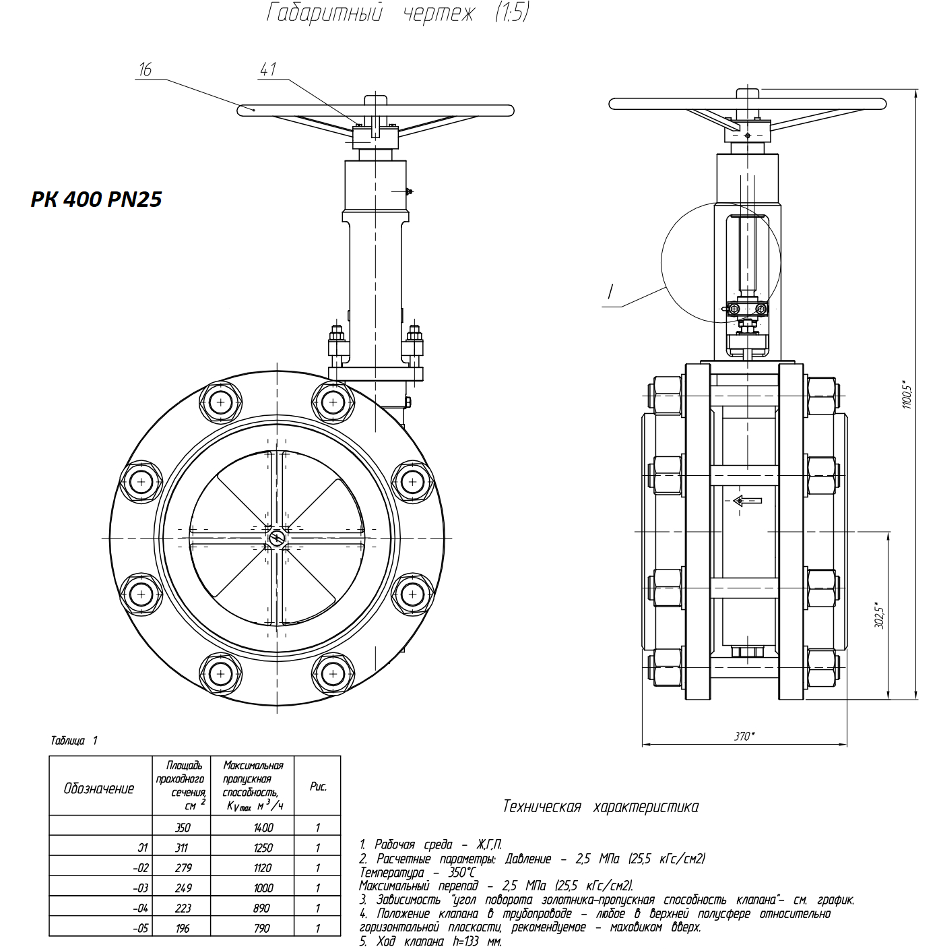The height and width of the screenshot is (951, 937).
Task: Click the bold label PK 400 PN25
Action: [x=96, y=199]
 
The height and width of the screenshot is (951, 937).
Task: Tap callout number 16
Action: [x=145, y=69]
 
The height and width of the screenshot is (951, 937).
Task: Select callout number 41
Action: [x=268, y=69]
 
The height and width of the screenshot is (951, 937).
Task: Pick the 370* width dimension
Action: [x=744, y=736]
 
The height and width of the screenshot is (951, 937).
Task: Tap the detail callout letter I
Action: [x=610, y=292]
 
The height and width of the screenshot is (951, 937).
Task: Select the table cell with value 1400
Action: [x=263, y=827]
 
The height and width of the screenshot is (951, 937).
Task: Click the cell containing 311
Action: [x=181, y=847]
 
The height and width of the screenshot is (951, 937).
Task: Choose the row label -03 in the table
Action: [x=140, y=888]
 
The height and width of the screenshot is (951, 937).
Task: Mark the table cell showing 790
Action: [x=262, y=928]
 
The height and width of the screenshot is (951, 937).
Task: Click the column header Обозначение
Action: [x=99, y=789]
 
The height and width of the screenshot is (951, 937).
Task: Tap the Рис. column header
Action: [x=318, y=787]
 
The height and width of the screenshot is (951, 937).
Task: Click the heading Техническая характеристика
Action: [x=601, y=807]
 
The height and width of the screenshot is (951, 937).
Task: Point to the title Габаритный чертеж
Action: [x=397, y=12]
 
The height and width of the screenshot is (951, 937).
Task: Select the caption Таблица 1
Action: [x=74, y=741]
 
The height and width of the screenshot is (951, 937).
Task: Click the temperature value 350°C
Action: [x=461, y=872]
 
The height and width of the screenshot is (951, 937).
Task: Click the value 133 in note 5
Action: [x=472, y=941]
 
